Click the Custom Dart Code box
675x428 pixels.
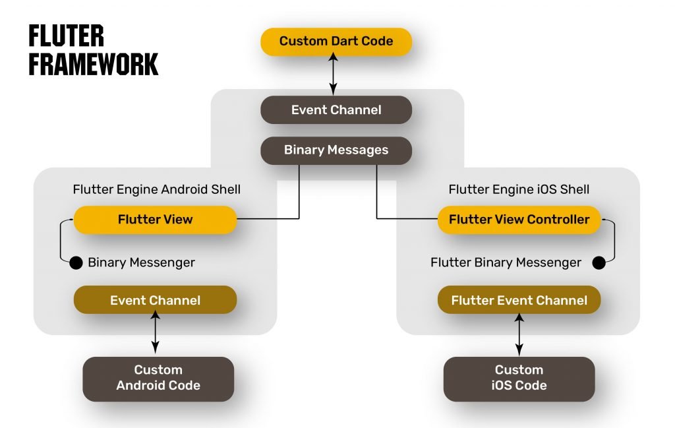click(x=336, y=41)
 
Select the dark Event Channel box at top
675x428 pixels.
click(x=336, y=109)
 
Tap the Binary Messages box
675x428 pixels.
click(x=336, y=150)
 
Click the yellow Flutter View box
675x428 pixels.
click(x=155, y=220)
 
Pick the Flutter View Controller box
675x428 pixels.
click(x=519, y=220)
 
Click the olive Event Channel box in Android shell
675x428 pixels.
click(x=155, y=300)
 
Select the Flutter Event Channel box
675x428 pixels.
click(x=519, y=300)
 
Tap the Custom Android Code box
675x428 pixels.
click(x=158, y=378)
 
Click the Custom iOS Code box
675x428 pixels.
click(x=519, y=378)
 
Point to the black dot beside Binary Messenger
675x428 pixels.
click(x=76, y=262)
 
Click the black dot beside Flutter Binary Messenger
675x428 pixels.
click(x=599, y=262)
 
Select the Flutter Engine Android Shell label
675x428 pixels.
click(x=156, y=190)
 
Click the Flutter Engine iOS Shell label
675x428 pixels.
click(x=519, y=190)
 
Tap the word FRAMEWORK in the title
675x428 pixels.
click(x=93, y=65)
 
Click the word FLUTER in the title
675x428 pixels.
click(x=66, y=36)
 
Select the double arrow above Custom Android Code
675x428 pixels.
click(x=156, y=334)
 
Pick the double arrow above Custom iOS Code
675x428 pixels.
click(x=519, y=334)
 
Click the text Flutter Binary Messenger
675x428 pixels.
click(x=506, y=262)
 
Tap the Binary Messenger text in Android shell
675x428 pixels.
click(x=141, y=262)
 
